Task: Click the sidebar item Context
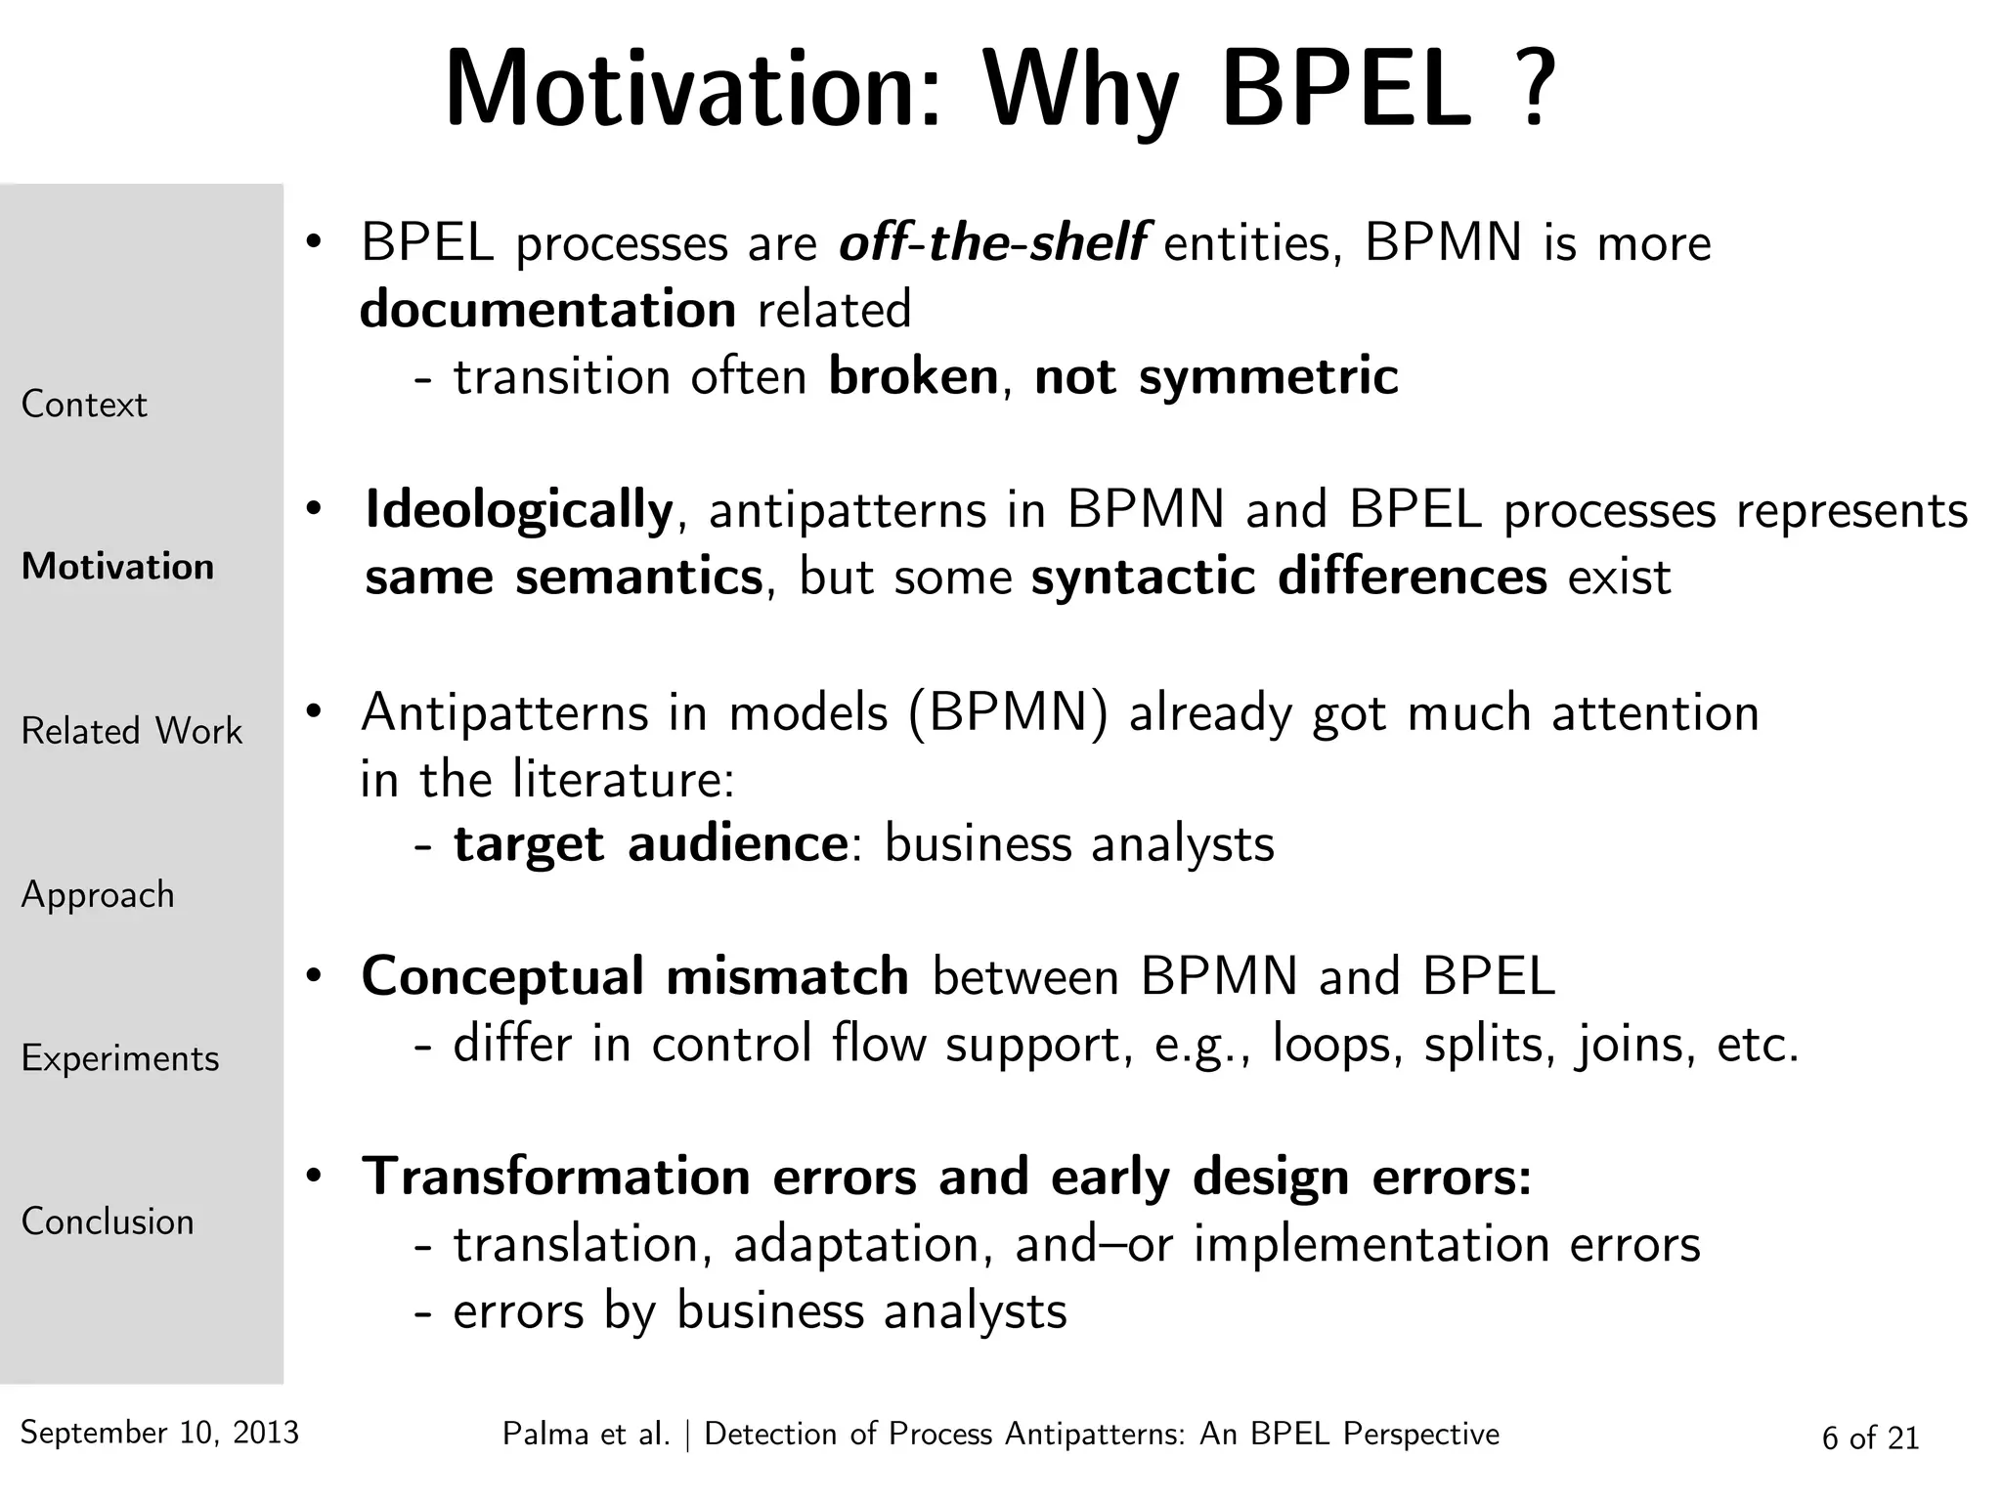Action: (x=84, y=405)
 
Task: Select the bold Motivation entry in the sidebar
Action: (x=117, y=567)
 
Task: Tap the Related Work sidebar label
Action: (x=131, y=731)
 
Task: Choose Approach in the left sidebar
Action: (x=98, y=895)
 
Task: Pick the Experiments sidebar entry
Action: (x=120, y=1058)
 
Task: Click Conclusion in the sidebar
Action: (x=108, y=1222)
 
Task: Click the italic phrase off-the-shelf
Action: (x=993, y=242)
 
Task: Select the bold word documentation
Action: (x=547, y=310)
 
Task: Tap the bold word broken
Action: (x=913, y=376)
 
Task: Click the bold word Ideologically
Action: (x=519, y=509)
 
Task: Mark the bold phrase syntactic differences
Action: (x=1288, y=577)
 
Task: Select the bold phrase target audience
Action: (x=651, y=843)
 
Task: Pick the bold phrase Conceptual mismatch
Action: (x=634, y=976)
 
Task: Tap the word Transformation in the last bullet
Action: (x=556, y=1176)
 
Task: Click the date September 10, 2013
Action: (x=159, y=1433)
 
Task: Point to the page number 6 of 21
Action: (x=1870, y=1437)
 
